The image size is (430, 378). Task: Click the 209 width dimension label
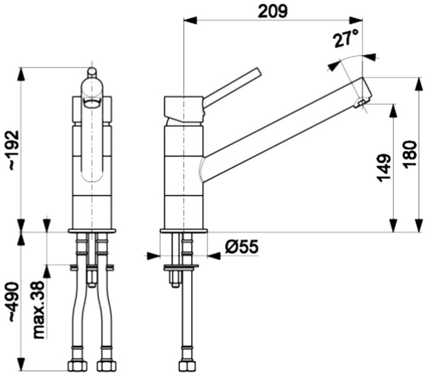tap(273, 11)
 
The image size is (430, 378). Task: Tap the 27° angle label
tap(346, 39)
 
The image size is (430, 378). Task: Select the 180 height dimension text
tap(410, 153)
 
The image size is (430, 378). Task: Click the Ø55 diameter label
tap(241, 246)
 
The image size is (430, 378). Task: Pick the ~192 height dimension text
tap(14, 150)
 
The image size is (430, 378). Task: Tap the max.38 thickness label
tap(38, 310)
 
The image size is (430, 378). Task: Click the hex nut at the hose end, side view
tap(187, 366)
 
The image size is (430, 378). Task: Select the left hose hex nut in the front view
tap(77, 366)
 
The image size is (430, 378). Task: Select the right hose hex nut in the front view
tap(106, 366)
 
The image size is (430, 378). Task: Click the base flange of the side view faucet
tap(184, 231)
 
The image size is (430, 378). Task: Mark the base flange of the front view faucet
tap(92, 231)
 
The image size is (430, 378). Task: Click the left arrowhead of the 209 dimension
tap(190, 20)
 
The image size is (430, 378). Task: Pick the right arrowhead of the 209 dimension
tap(356, 20)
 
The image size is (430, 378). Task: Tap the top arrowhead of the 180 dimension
tap(419, 84)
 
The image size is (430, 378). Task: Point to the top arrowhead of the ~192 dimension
tap(21, 74)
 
